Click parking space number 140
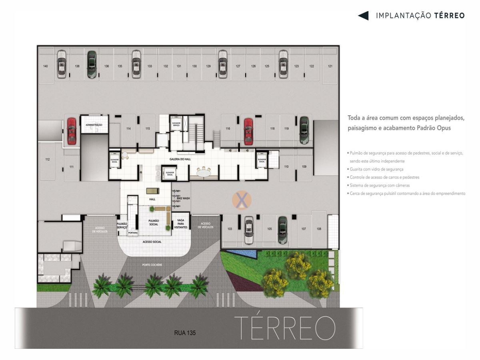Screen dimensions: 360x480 [46, 66]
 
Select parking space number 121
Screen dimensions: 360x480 [330, 66]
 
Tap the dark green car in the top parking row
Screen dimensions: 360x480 [92, 64]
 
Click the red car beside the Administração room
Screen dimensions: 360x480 [72, 131]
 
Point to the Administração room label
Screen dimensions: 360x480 [94, 125]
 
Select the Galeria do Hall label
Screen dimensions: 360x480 [180, 159]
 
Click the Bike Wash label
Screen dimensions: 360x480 [182, 198]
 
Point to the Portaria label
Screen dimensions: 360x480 [133, 232]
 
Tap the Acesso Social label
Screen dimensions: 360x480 [152, 242]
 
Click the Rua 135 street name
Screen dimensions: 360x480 [185, 332]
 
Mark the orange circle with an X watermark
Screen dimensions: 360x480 [242, 200]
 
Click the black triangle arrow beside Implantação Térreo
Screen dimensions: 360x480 [363, 16]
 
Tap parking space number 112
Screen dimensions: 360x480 [47, 160]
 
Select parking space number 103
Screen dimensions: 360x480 [230, 229]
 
